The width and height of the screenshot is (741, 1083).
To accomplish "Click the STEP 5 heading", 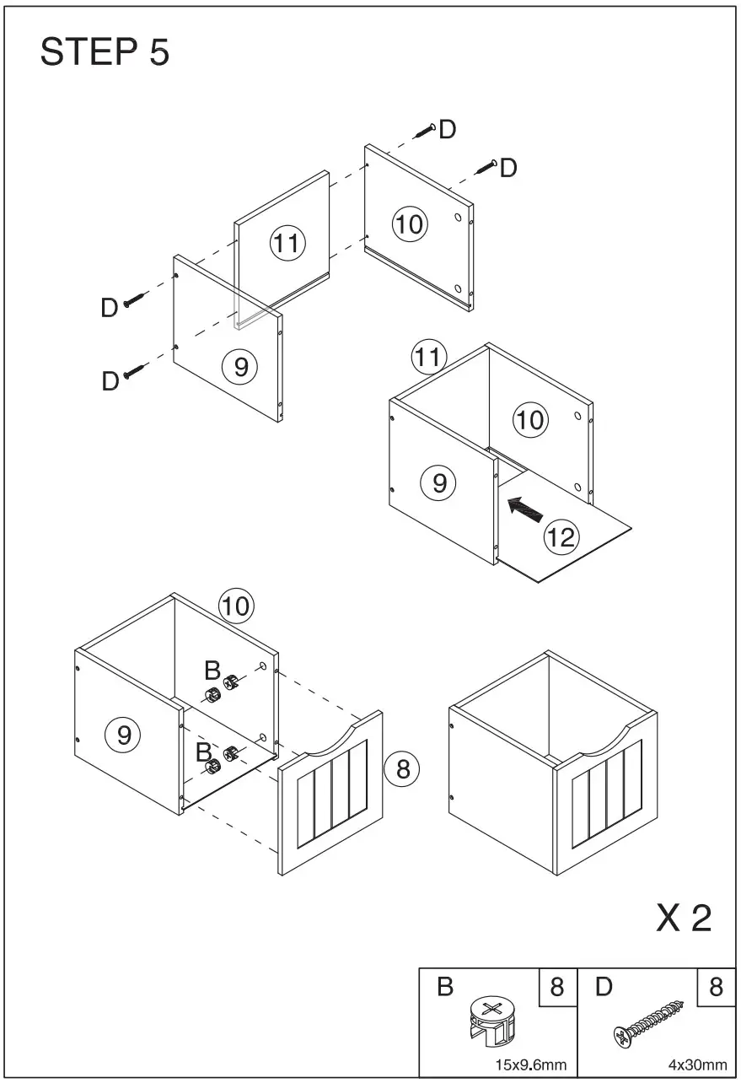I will (105, 53).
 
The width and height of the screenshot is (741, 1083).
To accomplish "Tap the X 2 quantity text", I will (684, 919).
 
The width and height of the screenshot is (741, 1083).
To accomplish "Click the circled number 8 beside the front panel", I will (401, 768).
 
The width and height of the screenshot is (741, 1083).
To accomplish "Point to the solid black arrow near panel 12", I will (525, 509).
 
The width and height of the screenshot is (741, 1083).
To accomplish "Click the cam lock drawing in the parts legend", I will (492, 1020).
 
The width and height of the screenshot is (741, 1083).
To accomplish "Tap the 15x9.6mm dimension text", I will (530, 1064).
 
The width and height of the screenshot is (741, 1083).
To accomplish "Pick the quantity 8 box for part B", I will (556, 987).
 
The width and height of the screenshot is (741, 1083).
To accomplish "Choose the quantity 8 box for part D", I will (716, 987).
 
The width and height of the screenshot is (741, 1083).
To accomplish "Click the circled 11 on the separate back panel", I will (287, 244).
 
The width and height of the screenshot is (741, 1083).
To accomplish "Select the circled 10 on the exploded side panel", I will (411, 224).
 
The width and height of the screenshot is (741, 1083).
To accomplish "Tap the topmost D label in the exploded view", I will (448, 129).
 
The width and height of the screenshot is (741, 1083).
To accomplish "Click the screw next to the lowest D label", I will (134, 371).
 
